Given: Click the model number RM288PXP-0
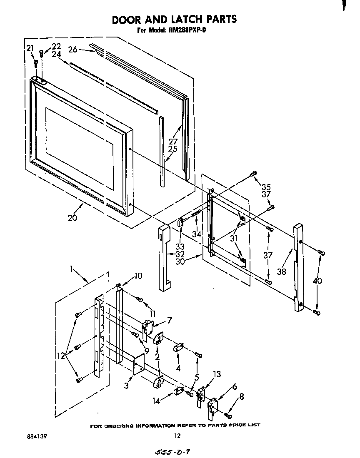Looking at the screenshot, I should (188, 30).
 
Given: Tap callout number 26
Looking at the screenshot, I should (73, 50).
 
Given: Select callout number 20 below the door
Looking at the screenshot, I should (72, 217).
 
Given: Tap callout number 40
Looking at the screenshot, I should (318, 281).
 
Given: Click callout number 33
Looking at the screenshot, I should (180, 246).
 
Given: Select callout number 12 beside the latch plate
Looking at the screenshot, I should (61, 356).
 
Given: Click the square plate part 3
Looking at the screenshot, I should (139, 363).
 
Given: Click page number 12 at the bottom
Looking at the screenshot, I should (177, 436).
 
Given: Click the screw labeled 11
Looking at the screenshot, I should (140, 300).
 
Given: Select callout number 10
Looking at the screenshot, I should (138, 276).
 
